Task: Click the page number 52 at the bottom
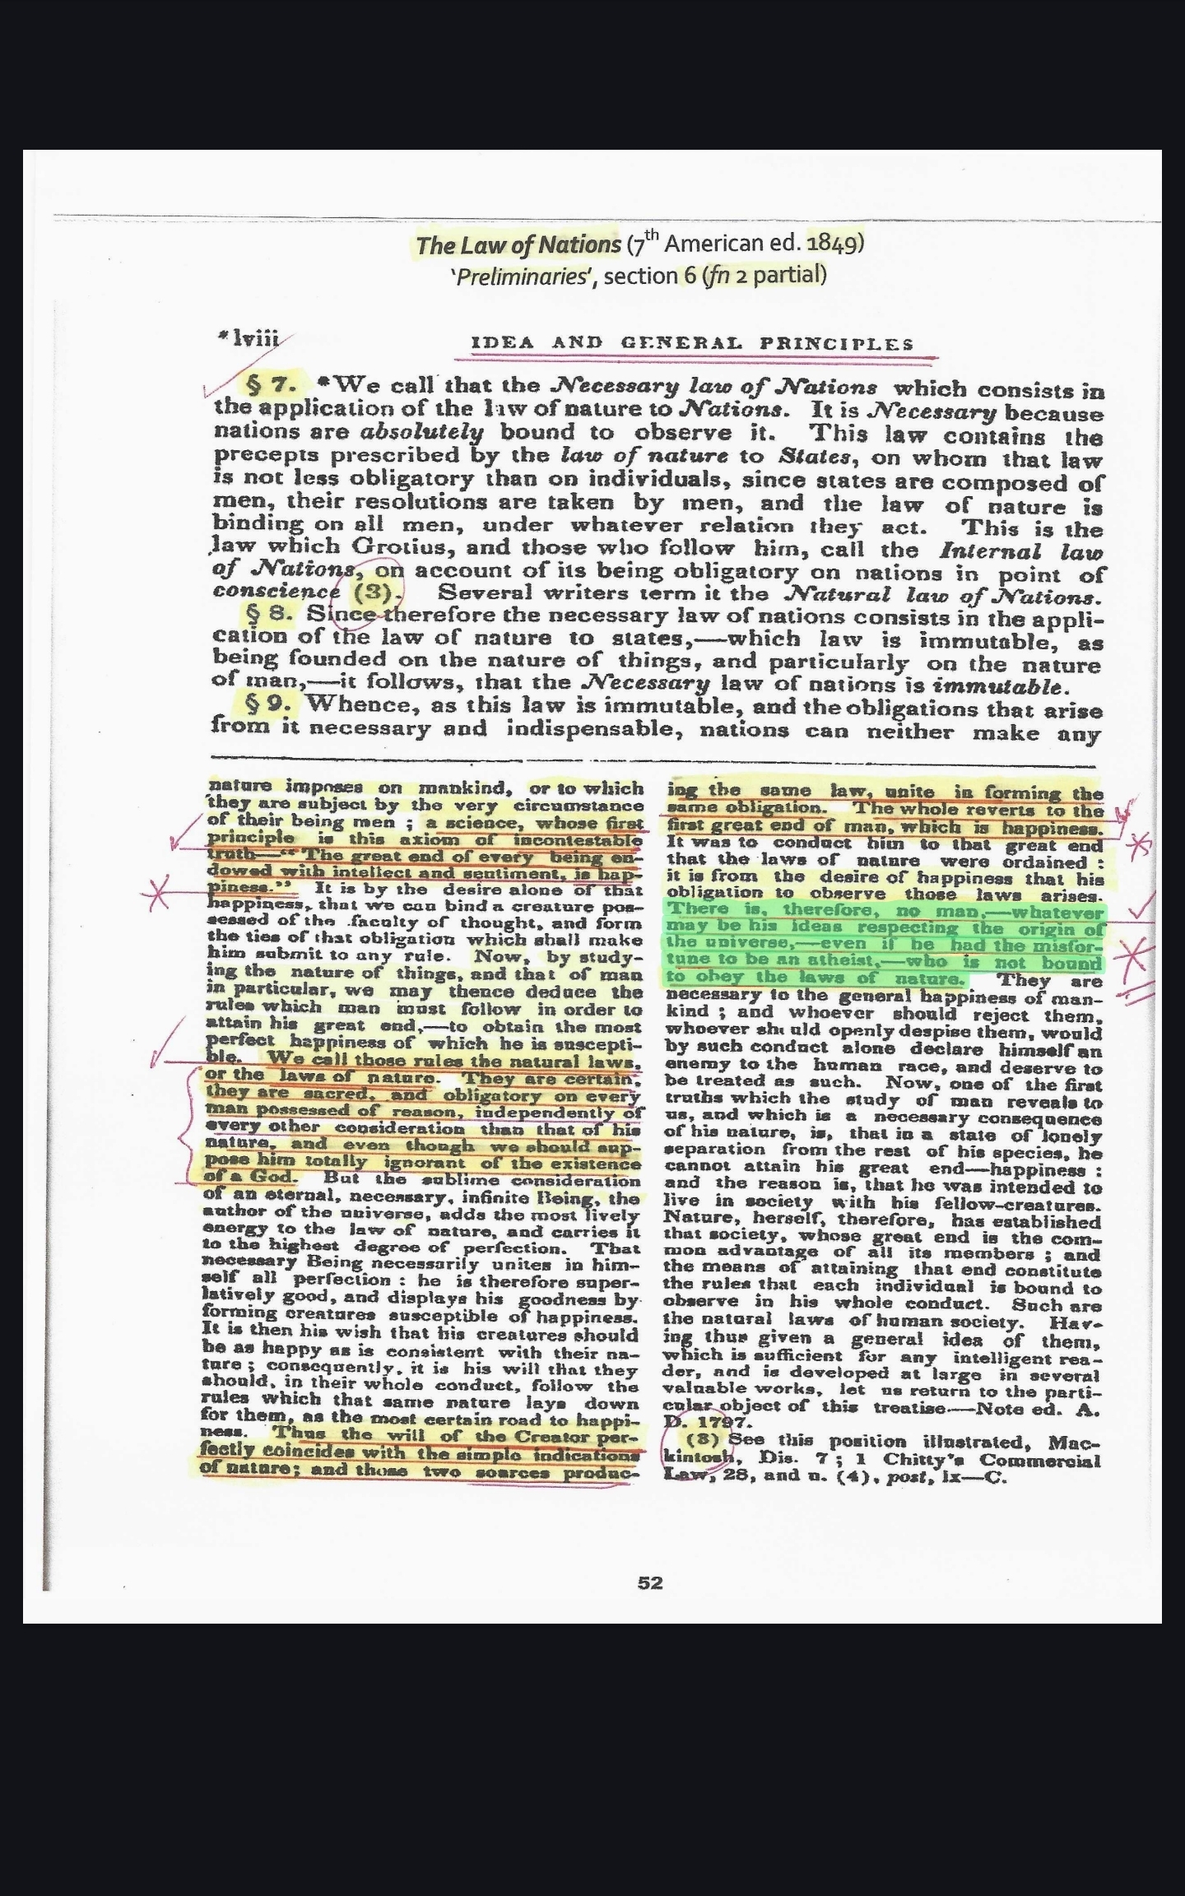coord(649,1582)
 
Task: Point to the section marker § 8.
coord(271,614)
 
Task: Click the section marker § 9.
coord(271,704)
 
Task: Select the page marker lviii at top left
coord(255,338)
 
